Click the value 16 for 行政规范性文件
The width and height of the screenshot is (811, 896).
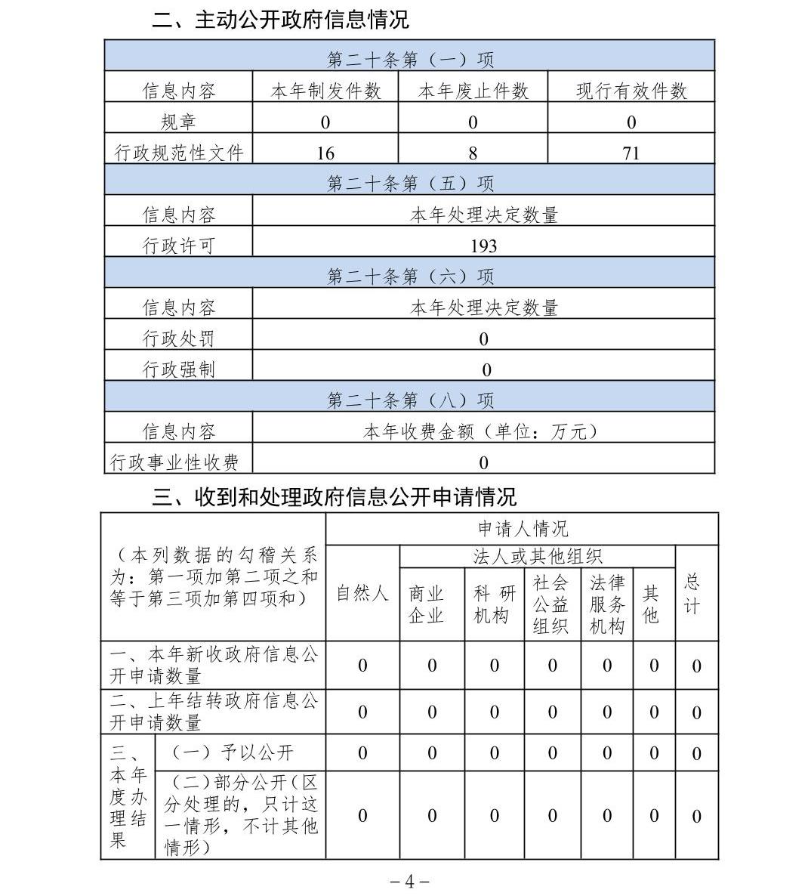(325, 153)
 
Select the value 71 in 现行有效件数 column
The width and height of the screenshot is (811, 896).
(631, 153)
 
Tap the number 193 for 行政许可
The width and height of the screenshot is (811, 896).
(483, 246)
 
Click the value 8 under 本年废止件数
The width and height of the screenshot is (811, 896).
(473, 153)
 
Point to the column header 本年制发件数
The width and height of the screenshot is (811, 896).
(325, 91)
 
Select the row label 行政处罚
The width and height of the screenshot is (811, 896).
(178, 338)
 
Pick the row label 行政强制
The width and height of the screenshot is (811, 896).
(178, 369)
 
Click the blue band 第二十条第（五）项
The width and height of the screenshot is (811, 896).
(409, 184)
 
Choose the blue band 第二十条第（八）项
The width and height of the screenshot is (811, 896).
(409, 400)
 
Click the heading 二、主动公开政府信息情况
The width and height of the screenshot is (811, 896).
(280, 20)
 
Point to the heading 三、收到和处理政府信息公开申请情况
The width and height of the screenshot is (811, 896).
(335, 496)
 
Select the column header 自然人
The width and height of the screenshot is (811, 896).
(362, 594)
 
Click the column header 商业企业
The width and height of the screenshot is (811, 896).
(426, 605)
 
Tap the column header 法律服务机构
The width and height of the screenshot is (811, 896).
(606, 604)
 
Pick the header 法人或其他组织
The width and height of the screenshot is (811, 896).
(537, 558)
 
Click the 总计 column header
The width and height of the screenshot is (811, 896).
(692, 594)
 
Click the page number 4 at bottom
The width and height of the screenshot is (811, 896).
(409, 882)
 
